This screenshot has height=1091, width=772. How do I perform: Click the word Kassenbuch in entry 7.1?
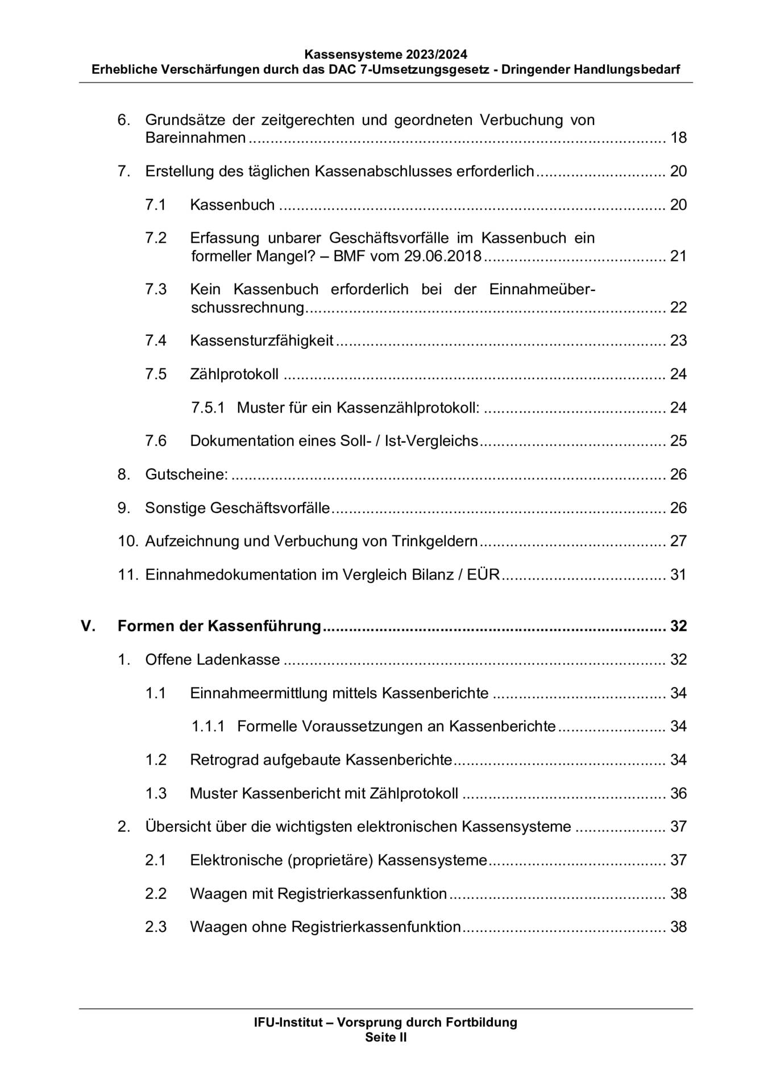pos(232,205)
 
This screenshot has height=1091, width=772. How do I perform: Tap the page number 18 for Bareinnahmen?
pos(678,138)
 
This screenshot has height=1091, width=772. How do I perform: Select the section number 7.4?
pos(156,340)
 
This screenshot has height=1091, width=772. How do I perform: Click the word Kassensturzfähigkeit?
pos(262,340)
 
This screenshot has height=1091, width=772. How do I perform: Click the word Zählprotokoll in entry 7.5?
pos(234,374)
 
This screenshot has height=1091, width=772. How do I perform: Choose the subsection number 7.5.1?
pos(207,407)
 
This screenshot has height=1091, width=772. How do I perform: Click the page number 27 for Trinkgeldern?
pos(678,540)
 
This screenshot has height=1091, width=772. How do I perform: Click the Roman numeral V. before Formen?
pos(88,626)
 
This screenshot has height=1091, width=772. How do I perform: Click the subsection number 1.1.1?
pos(207,726)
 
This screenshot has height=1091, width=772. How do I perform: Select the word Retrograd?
pos(224,760)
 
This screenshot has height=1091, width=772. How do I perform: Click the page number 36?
pos(678,793)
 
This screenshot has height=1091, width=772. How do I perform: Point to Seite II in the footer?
pos(385,1037)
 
